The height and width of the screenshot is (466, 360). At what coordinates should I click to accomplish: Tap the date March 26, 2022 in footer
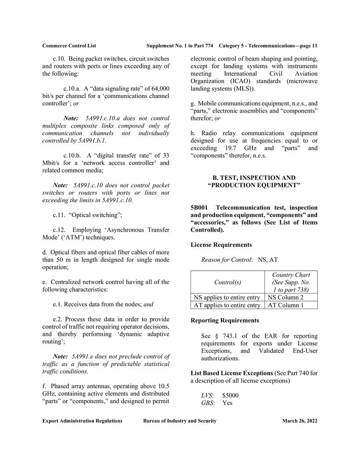[299, 421]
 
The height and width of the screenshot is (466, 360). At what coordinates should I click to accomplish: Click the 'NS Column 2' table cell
[285, 297]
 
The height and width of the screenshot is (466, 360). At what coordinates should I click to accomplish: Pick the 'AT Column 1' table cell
[285, 305]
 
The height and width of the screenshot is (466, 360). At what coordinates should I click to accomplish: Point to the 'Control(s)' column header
[227, 282]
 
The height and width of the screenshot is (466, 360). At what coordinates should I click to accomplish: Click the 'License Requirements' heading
[221, 245]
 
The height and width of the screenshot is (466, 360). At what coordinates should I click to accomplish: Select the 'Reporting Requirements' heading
[225, 321]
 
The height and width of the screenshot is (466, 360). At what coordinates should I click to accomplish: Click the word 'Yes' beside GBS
[227, 403]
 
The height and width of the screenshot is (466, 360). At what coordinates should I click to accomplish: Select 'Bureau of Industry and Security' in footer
[180, 421]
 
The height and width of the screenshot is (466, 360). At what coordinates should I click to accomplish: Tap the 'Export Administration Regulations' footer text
[82, 421]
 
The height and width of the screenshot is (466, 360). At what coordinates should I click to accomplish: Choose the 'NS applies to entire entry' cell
[227, 297]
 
